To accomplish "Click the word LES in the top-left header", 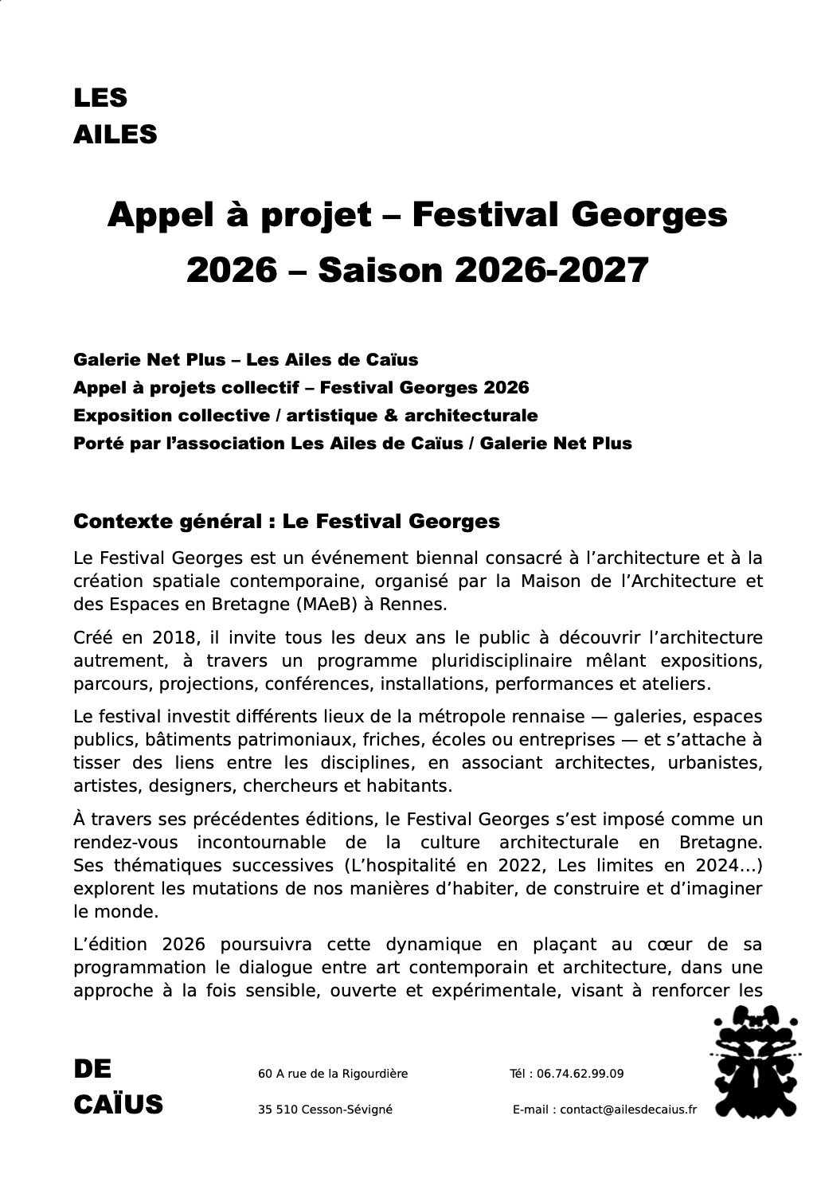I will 100,98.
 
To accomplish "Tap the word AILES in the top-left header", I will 115,135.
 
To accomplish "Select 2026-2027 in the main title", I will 551,271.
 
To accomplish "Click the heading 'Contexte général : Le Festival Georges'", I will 287,522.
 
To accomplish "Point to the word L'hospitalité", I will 397,865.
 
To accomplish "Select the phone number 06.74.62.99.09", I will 580,1074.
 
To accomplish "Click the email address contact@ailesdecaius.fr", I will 628,1110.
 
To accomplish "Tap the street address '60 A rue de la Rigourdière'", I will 333,1074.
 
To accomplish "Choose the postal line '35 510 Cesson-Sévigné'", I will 325,1110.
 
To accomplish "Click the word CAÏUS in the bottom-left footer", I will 118,1105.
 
